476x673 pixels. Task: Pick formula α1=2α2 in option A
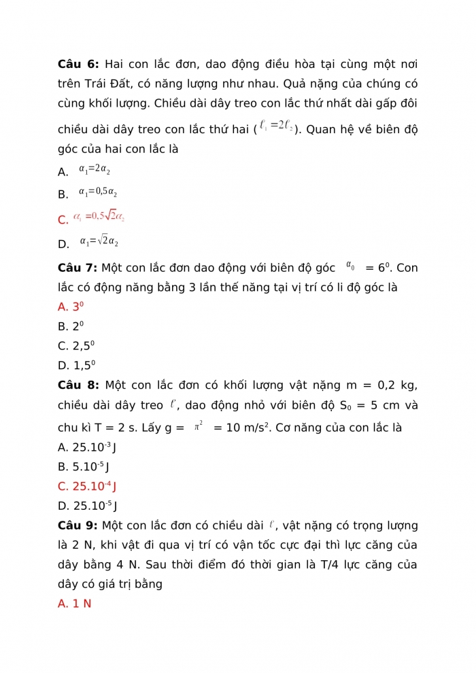[95, 169]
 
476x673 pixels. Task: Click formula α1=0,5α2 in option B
[98, 192]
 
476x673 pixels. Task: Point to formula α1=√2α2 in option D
[99, 241]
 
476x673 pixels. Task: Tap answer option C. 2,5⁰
[76, 345]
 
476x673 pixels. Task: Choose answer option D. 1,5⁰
[76, 365]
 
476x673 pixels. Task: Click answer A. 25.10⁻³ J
[88, 447]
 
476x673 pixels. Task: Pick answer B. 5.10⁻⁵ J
[84, 467]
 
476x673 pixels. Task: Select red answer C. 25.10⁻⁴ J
[88, 487]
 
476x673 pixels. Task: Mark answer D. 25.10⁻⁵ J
[88, 506]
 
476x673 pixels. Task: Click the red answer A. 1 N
[75, 604]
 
